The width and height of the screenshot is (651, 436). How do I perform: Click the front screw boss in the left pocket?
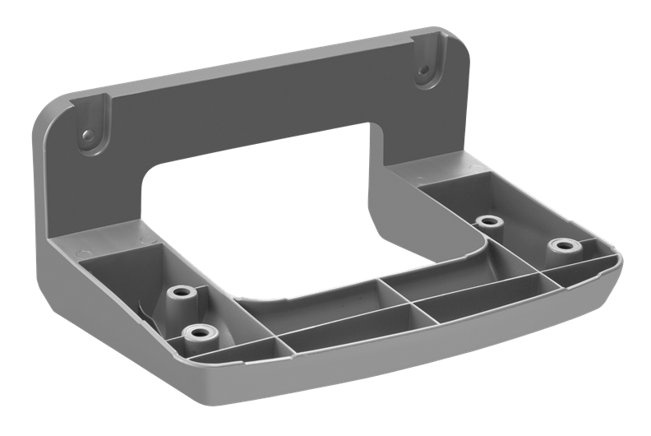(x=197, y=332)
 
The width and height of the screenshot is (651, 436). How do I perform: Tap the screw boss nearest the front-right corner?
(x=563, y=245)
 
